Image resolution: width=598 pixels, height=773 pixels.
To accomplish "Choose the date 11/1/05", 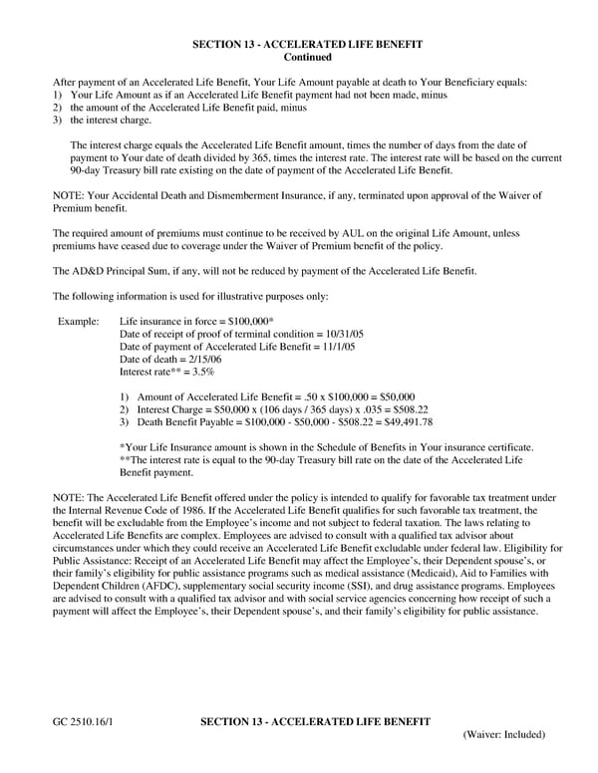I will pyautogui.click(x=333, y=346).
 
